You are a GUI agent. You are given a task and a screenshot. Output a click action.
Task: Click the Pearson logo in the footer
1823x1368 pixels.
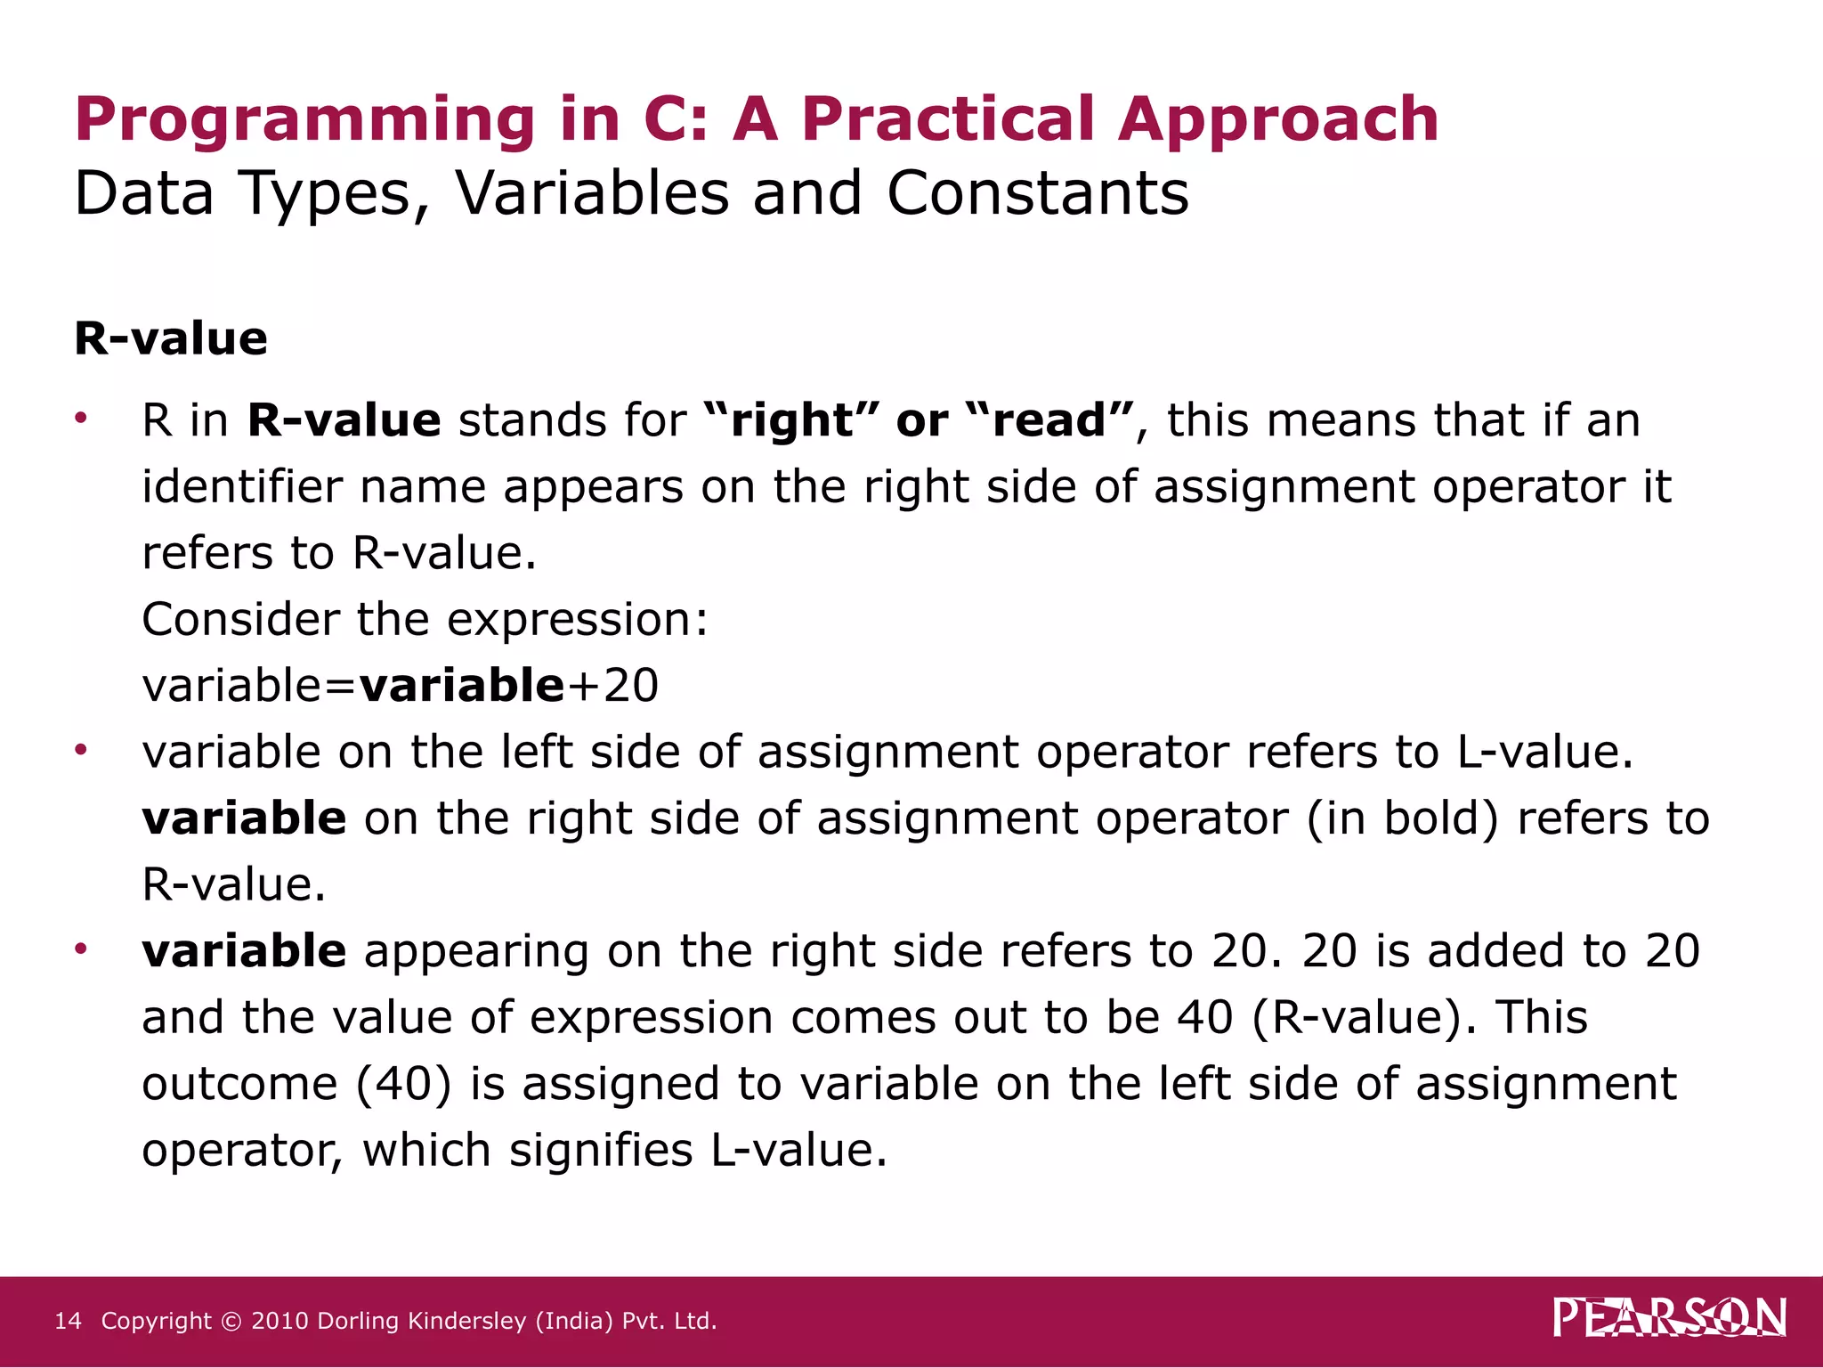tap(1669, 1318)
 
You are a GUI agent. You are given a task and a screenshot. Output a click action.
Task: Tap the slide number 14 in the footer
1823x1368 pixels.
tap(68, 1321)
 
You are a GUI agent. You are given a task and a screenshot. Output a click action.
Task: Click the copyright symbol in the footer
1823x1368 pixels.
tap(231, 1321)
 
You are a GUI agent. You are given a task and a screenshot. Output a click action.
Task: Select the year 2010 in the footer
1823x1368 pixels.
tap(280, 1321)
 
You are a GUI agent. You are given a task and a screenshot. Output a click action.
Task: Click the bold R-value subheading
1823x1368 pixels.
tap(171, 338)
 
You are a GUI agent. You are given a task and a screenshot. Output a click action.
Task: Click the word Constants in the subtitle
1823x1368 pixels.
tap(1037, 193)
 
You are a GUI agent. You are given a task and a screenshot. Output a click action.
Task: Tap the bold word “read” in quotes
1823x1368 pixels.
tap(1049, 419)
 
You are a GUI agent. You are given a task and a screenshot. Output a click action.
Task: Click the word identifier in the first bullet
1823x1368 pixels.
tap(241, 486)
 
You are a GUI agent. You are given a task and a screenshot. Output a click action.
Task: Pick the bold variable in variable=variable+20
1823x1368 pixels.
tap(461, 685)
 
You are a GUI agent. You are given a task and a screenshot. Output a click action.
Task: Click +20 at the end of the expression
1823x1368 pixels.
tap(614, 685)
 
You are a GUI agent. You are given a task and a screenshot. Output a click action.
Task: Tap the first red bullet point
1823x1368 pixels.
tap(81, 417)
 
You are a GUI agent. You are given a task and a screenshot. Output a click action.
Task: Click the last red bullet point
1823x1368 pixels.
tap(81, 949)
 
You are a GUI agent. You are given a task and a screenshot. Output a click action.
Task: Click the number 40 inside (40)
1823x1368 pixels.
tap(404, 1084)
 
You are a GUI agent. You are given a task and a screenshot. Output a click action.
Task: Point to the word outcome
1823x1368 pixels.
tap(239, 1084)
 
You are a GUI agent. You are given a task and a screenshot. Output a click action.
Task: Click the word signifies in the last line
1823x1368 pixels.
tap(601, 1150)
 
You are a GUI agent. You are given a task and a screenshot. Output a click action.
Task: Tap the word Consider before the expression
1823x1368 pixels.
tap(240, 619)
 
